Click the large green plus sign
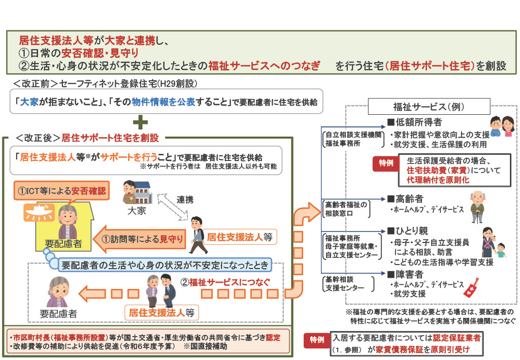pyautogui.click(x=140, y=122)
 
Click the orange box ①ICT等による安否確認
pyautogui.click(x=61, y=191)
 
